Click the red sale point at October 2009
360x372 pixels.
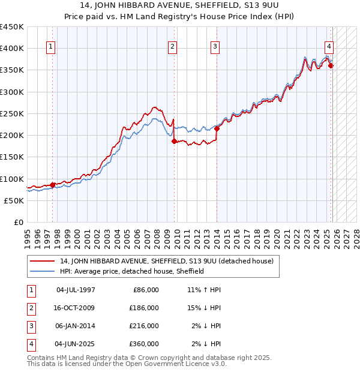(174, 142)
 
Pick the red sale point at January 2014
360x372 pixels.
(217, 128)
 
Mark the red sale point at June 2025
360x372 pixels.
(331, 66)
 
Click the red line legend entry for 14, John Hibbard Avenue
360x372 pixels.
(167, 261)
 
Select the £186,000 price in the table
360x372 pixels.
(144, 308)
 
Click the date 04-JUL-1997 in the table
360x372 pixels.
(75, 290)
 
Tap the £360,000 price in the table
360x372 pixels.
(144, 344)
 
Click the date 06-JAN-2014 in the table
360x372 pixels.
(75, 326)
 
